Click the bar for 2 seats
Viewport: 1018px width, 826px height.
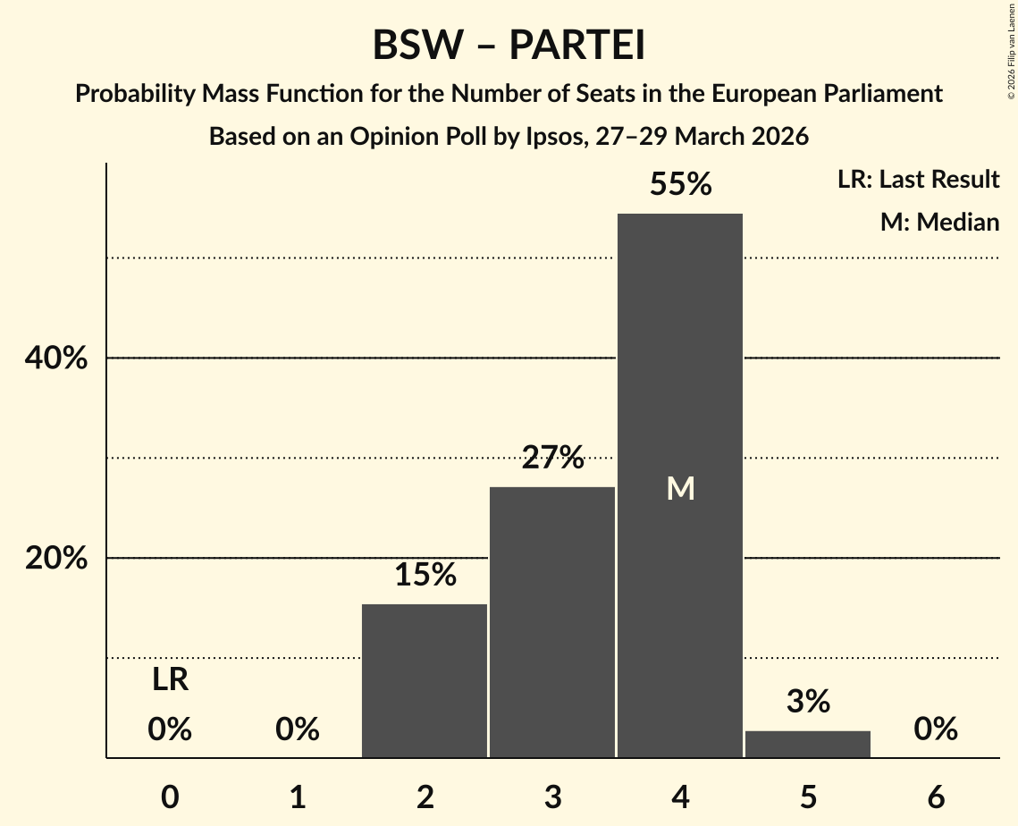pos(425,680)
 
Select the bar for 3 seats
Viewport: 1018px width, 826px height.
pos(552,622)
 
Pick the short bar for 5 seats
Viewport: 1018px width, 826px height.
pos(808,744)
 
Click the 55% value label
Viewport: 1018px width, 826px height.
pos(680,185)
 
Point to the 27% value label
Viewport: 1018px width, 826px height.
pos(552,459)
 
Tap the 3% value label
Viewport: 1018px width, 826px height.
pos(808,703)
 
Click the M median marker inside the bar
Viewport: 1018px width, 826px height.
pos(680,488)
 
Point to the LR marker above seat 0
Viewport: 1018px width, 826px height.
pos(170,680)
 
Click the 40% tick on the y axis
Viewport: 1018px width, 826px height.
pos(55,358)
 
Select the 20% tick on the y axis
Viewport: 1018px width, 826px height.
pos(55,559)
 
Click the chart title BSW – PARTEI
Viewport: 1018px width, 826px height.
pos(509,46)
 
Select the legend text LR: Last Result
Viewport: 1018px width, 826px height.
pos(918,180)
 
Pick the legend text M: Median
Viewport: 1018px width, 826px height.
pos(939,222)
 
